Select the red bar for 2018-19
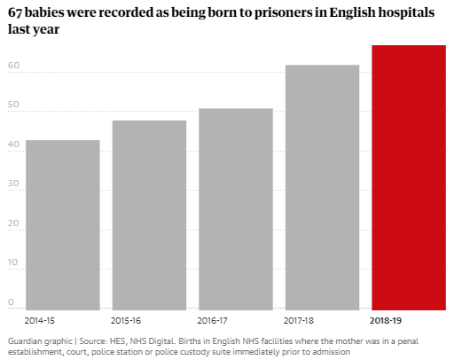coord(409,177)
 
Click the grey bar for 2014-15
coord(63,225)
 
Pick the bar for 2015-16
coord(149,215)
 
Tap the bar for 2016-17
coord(236,209)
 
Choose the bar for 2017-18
coord(322,187)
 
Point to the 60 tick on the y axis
coord(13,65)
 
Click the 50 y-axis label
coord(13,105)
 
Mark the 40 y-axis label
coord(13,144)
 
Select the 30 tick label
coord(13,184)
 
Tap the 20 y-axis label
coord(13,223)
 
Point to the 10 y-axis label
coord(13,262)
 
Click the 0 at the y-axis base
coord(11,301)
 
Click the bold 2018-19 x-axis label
coord(386,321)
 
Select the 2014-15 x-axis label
coord(40,321)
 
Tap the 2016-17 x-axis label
coord(212,321)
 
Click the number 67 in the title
coord(15,12)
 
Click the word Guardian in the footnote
coord(25,341)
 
